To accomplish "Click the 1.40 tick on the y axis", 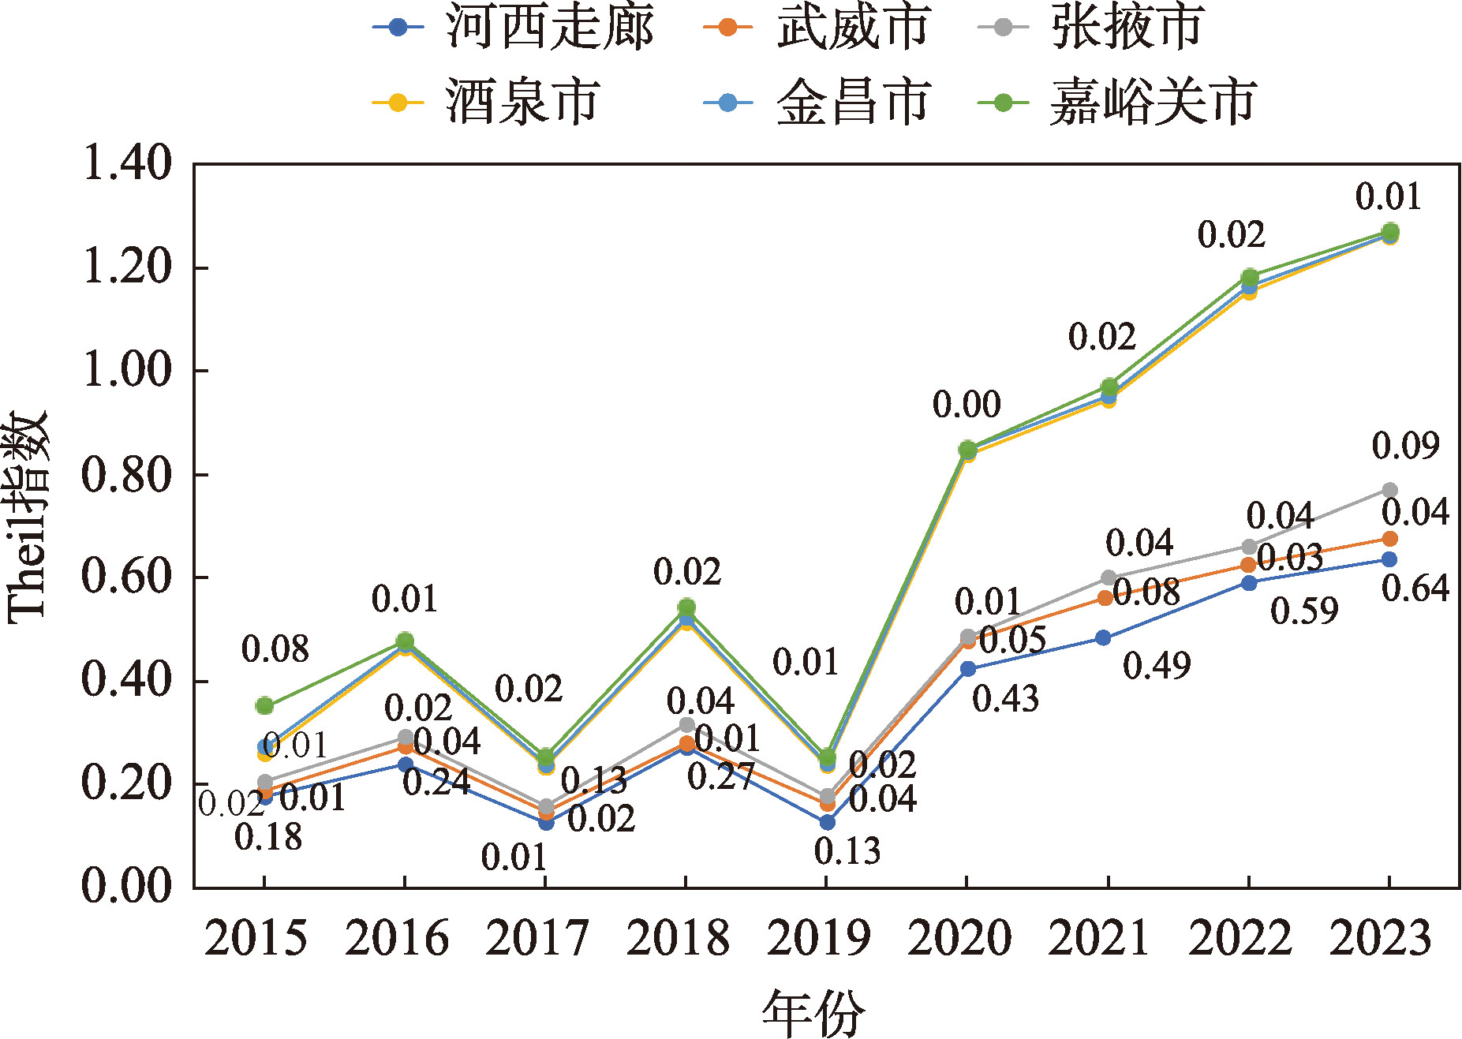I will click(126, 164).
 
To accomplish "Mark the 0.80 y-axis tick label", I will click(126, 475).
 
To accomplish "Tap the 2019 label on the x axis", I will click(818, 939).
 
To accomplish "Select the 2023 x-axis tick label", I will click(1381, 939).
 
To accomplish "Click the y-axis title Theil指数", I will click(28, 517).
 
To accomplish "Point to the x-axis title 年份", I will click(813, 1014).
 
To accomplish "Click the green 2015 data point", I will click(264, 705).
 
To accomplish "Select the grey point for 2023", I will click(1389, 490).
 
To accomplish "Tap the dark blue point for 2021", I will click(1103, 637).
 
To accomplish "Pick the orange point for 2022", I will click(1248, 565).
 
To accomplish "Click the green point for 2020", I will click(967, 450).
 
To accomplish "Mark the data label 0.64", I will click(1415, 589).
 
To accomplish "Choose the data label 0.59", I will click(1304, 611).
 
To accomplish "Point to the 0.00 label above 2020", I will click(967, 405).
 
